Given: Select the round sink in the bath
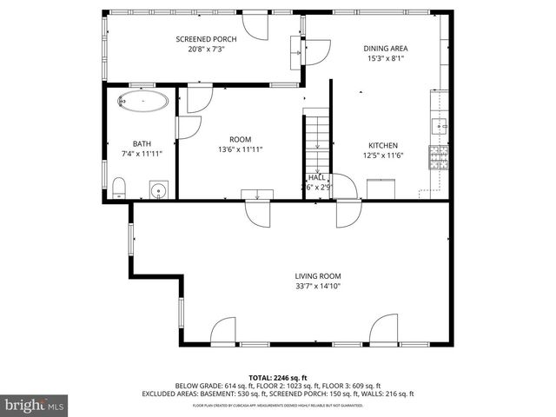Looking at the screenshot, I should pyautogui.click(x=158, y=190).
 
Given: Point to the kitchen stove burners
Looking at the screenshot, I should pyautogui.click(x=438, y=158).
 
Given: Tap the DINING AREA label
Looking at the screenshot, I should pyautogui.click(x=386, y=49).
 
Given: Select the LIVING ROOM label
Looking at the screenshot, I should pyautogui.click(x=316, y=275).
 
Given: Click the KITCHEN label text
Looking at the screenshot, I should pyautogui.click(x=382, y=145).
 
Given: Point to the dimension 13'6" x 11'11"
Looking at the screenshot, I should pyautogui.click(x=240, y=149).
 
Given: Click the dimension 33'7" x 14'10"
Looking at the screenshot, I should pyautogui.click(x=316, y=286).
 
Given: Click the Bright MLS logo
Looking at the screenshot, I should pyautogui.click(x=35, y=405).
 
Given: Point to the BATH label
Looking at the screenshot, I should pyautogui.click(x=142, y=143).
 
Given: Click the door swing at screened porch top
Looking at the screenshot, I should pyautogui.click(x=256, y=26).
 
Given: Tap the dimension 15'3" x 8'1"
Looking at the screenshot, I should pyautogui.click(x=386, y=59).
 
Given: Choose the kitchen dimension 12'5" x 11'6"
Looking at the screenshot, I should pyautogui.click(x=382, y=156).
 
